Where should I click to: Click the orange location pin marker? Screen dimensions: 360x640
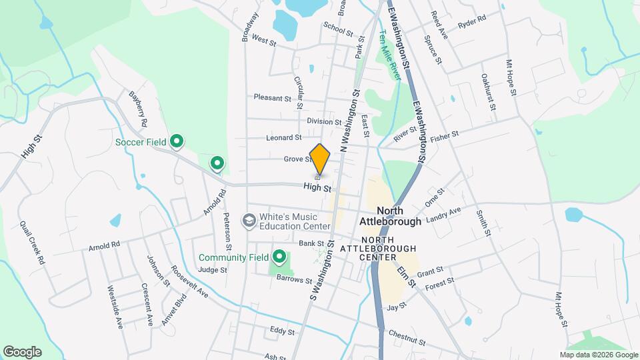(320, 159)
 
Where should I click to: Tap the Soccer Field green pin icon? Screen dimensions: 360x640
(177, 141)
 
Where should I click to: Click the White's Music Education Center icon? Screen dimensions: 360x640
(249, 220)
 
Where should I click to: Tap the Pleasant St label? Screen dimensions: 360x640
(273, 97)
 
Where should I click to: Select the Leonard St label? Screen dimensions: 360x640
(283, 138)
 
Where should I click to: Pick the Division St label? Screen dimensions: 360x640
(324, 122)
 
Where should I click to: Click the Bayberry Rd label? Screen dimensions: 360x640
(138, 111)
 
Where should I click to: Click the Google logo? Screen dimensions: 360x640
(22, 352)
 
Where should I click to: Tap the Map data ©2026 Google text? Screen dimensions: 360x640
(598, 355)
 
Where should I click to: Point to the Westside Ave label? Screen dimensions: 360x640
(115, 308)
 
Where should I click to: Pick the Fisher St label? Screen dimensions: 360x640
(445, 135)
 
